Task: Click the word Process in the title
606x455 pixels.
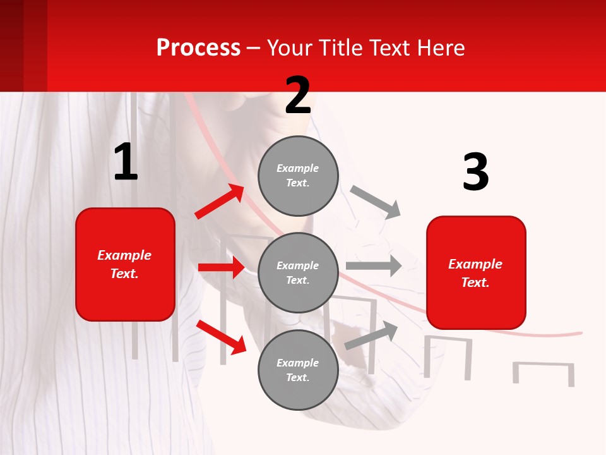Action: point(198,47)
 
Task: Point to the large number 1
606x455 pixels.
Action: point(126,162)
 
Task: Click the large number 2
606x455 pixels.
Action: point(298,95)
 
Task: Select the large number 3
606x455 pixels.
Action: point(475,172)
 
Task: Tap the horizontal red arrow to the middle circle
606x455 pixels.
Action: point(221,267)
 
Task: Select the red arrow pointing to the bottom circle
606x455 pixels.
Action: point(221,336)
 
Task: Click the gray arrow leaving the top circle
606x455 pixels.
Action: point(375,202)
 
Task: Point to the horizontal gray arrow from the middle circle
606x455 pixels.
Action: point(373,266)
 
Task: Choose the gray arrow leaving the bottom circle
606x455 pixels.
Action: point(371,335)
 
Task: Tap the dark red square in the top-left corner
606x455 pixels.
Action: point(23,45)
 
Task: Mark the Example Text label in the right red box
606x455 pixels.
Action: point(475,273)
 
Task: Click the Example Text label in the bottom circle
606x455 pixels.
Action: point(298,370)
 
